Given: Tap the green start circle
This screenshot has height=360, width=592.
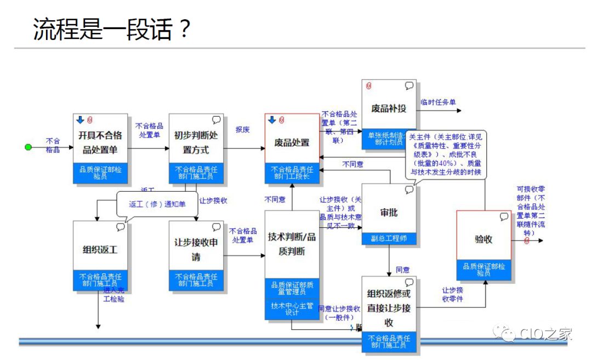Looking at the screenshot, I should coord(29,147).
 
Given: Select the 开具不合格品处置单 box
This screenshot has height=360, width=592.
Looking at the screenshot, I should coord(100,142).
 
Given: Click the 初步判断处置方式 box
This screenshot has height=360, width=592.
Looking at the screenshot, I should coord(196,142).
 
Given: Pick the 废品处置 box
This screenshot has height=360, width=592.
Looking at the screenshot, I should coord(292,142).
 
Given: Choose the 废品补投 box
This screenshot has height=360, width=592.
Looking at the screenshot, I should coord(389,108).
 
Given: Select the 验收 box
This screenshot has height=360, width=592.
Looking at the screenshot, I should coord(483,239).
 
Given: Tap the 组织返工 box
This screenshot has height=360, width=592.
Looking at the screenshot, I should coord(100,249).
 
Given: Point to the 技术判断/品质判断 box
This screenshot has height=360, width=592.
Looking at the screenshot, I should coord(292,244).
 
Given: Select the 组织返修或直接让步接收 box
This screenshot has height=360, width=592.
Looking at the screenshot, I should coord(389,307).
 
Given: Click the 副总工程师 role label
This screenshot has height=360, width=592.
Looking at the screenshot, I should coord(389,238).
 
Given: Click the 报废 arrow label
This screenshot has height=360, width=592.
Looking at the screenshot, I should coord(243,130).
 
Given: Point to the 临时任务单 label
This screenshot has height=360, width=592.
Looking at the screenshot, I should coord(438,101).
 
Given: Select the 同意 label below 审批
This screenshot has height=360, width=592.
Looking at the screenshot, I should coord(402,270).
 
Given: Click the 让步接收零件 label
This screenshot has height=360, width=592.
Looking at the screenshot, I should coord(452,295).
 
